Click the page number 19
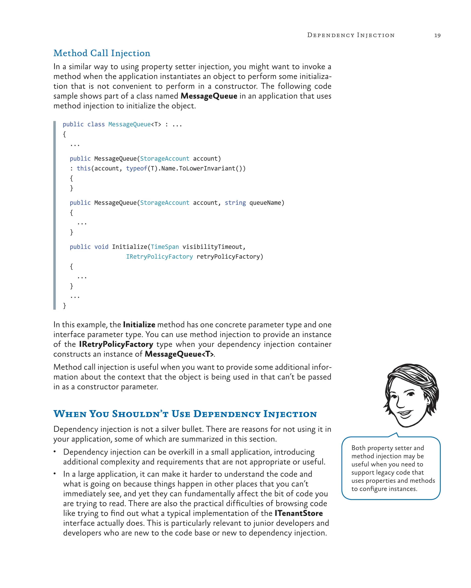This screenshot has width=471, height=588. (437, 35)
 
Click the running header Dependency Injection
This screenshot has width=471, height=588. (350, 35)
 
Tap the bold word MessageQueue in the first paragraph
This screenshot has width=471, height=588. (209, 96)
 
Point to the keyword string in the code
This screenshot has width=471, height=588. (235, 203)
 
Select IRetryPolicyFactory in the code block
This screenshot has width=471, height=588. (159, 257)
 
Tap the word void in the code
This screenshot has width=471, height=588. (101, 247)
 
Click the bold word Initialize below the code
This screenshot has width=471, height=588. (139, 325)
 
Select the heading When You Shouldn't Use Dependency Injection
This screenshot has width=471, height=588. (185, 414)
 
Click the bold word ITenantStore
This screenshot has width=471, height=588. (299, 513)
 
